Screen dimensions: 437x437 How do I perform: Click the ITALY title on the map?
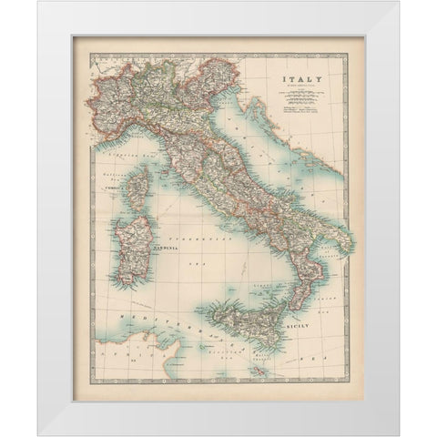point(301,80)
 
